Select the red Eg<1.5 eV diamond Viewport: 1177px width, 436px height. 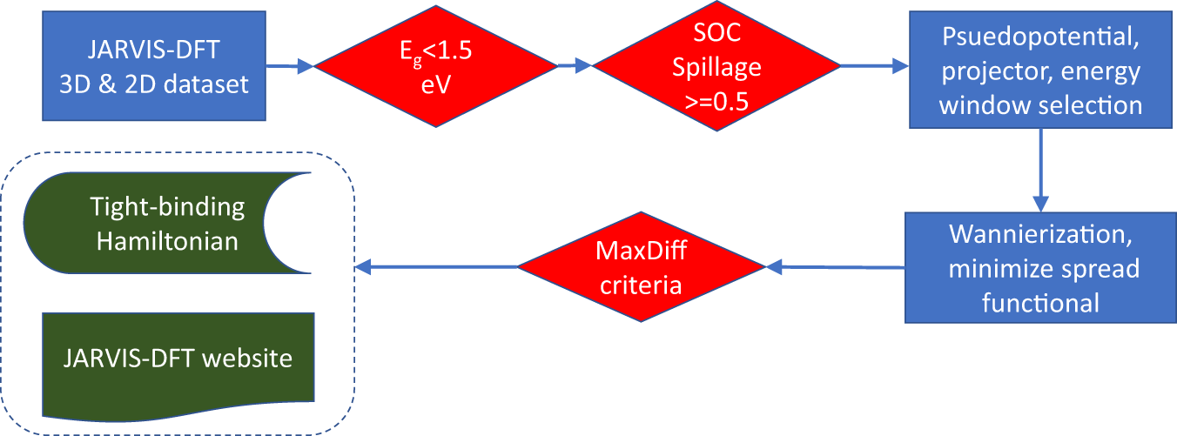pos(435,65)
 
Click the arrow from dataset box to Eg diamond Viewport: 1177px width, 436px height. pos(289,65)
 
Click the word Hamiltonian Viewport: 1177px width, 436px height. pos(167,240)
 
